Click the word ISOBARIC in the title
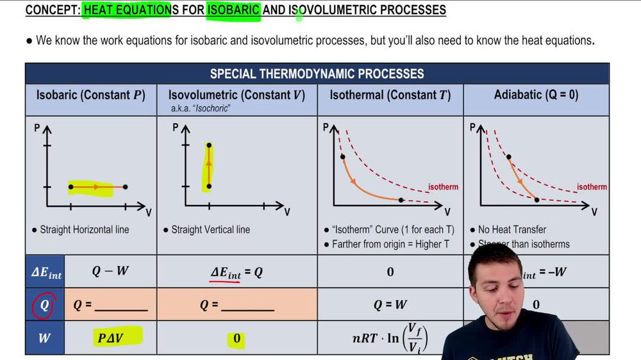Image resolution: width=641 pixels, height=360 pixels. (233, 10)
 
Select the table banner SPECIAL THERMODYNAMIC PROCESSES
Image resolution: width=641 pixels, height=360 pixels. (317, 74)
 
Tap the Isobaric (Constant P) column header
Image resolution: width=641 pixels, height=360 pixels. (90, 95)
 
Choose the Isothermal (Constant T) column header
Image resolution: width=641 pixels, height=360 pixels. (390, 95)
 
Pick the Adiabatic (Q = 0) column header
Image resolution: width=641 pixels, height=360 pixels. (536, 95)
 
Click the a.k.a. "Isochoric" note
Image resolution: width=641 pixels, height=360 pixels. (201, 109)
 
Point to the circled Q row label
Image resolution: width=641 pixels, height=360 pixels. (44, 306)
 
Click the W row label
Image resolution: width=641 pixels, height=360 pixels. (44, 338)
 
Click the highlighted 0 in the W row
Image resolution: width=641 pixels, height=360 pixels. (237, 338)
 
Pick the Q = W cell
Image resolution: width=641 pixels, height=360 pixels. (390, 306)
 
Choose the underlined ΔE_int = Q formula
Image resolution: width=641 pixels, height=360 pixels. (237, 272)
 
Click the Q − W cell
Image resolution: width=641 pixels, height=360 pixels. (110, 271)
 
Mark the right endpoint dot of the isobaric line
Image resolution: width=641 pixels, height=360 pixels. (125, 187)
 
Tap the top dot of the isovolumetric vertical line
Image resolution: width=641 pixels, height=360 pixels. (209, 145)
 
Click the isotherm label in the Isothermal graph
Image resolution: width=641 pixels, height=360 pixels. (443, 187)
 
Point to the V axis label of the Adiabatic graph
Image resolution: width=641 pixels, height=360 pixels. (594, 211)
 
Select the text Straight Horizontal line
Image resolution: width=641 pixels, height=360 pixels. (84, 229)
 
